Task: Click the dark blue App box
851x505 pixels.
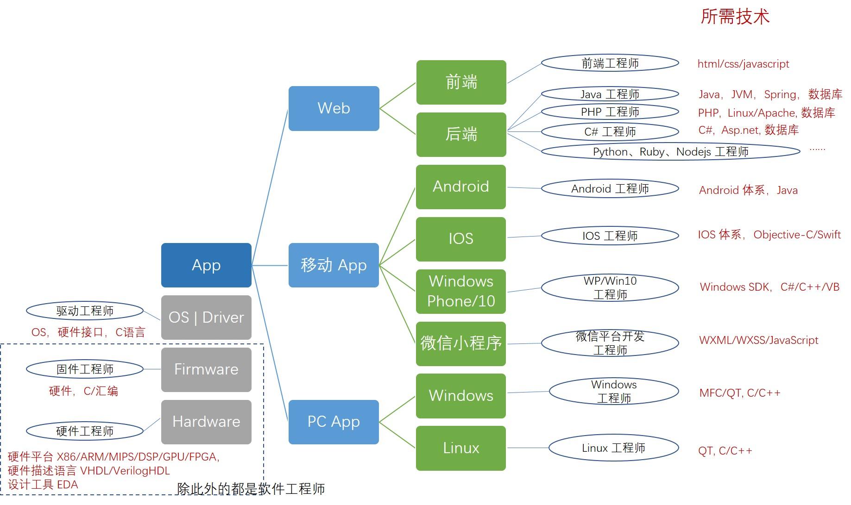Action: tap(206, 265)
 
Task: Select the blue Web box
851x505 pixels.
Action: tap(334, 108)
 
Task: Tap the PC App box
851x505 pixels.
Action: tap(334, 422)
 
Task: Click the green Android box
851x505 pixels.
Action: tap(461, 187)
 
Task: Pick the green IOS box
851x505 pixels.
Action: tap(461, 239)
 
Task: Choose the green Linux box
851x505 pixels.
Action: tap(461, 448)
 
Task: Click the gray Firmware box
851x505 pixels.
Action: tap(206, 369)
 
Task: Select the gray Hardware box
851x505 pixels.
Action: tap(206, 422)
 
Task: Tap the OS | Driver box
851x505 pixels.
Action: tap(206, 318)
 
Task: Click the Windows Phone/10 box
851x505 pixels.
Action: tap(461, 291)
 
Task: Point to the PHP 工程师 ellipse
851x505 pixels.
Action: tap(610, 112)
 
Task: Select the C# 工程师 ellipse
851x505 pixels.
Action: tap(610, 132)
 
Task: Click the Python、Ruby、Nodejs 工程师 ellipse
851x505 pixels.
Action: tap(671, 152)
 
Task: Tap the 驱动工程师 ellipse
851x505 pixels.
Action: tap(85, 311)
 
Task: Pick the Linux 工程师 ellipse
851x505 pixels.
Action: tap(614, 448)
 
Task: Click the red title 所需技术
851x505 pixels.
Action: tap(735, 17)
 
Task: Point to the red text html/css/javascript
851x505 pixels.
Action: tap(743, 64)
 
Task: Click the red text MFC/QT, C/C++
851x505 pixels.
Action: tap(740, 393)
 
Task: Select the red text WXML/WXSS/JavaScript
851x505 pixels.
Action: tap(758, 340)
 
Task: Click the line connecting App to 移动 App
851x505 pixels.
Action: tap(270, 265)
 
